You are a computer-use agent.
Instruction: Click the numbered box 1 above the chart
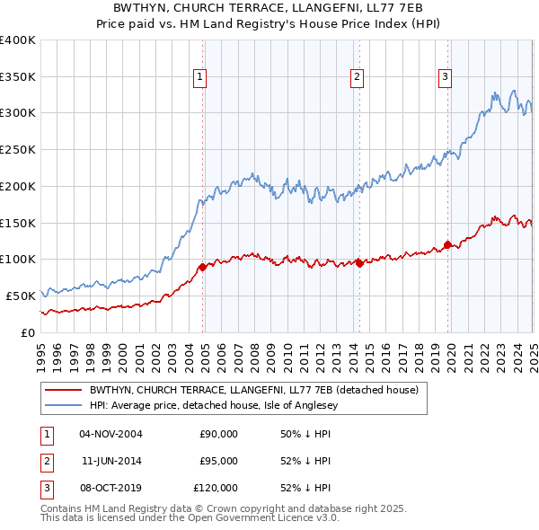coord(199,78)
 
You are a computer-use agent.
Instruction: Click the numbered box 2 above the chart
coord(357,78)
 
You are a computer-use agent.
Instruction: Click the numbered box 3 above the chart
coord(445,78)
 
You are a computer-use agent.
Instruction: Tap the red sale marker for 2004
coord(202,267)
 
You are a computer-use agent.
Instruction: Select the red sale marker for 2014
coord(359,263)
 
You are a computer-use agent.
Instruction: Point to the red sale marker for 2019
coord(447,244)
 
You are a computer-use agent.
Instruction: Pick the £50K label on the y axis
coord(22,296)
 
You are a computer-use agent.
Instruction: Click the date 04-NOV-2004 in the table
coord(111,433)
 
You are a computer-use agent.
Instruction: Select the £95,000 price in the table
coord(218,461)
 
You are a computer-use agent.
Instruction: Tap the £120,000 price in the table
coord(216,488)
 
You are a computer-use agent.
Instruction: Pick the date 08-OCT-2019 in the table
coord(111,488)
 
